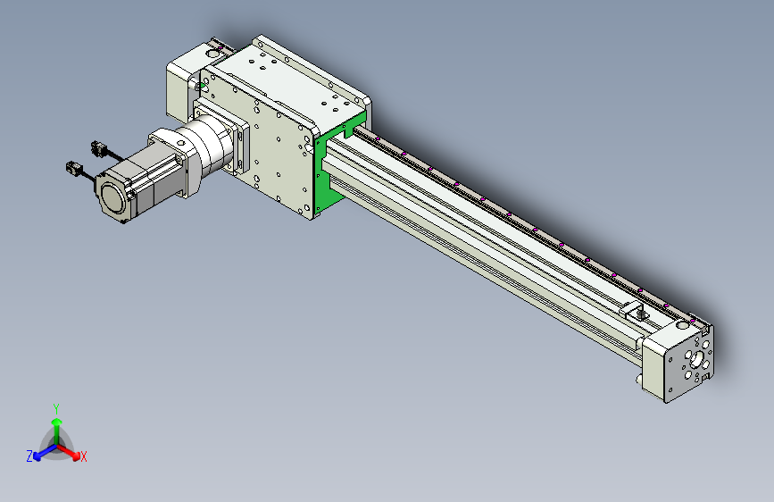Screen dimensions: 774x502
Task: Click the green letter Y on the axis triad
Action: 56,409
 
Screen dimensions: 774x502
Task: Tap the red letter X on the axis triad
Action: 83,456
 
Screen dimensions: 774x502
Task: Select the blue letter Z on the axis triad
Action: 29,456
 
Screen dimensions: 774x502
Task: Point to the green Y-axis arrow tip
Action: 57,422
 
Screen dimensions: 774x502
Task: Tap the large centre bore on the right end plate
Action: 696,358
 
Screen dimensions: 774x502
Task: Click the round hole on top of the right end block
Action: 682,325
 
